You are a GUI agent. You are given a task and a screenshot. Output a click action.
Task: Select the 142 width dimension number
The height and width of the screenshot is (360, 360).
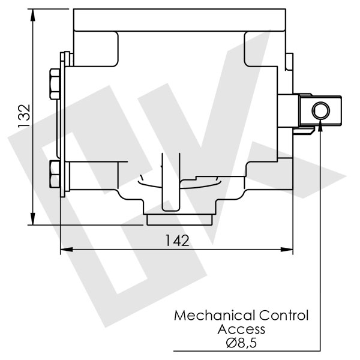[x=177, y=241]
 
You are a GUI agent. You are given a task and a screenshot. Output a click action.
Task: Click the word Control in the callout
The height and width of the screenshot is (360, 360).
[x=283, y=316]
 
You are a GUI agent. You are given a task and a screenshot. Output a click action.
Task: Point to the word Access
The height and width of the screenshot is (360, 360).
[x=241, y=329]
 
